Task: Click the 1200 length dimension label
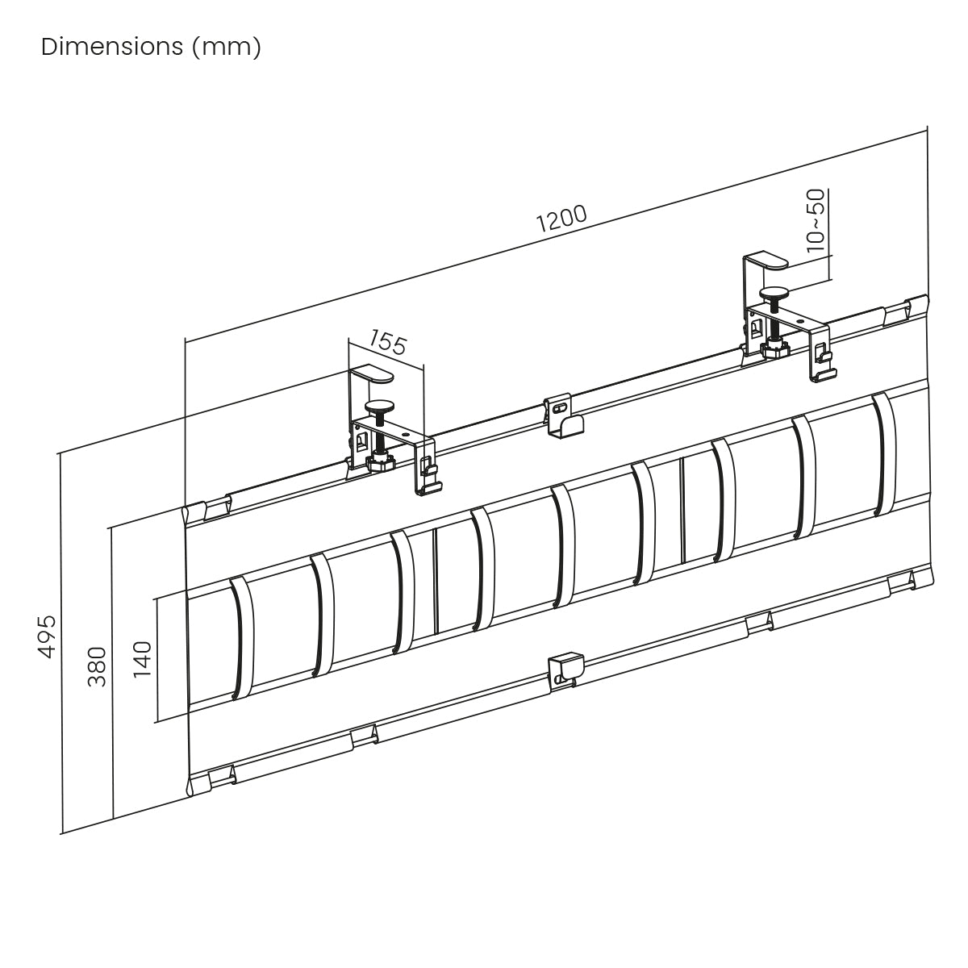pos(561,219)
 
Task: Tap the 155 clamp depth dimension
pos(387,343)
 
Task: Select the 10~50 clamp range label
pos(816,220)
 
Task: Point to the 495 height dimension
pos(47,636)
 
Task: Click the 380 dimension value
pos(97,666)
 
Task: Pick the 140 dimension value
pos(142,659)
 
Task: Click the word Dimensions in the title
pos(112,47)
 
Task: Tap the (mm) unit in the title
pos(227,48)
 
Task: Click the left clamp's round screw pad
pos(380,406)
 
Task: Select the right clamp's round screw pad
pos(774,292)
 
